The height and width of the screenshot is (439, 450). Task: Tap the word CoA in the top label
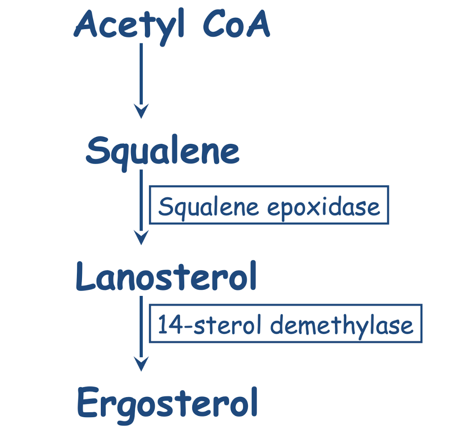pos(236,25)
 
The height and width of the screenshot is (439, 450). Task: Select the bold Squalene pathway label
pos(163,151)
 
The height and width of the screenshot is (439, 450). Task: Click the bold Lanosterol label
pos(166,276)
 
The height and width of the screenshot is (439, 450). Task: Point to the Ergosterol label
pos(167,402)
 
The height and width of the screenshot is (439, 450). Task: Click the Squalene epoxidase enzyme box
pos(269,205)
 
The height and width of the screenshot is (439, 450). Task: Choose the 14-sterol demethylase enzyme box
pos(285,324)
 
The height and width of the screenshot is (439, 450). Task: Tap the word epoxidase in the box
pos(323,206)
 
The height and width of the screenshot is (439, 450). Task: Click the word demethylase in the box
pos(341,324)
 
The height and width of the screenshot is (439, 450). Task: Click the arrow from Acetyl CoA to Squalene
pos(141,79)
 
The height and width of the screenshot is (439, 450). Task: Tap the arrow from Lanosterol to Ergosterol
pos(141,331)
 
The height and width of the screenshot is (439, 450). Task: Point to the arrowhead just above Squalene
pos(141,112)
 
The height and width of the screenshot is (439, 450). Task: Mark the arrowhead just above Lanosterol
pos(141,237)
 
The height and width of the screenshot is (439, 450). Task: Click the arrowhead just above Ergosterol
pos(141,364)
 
